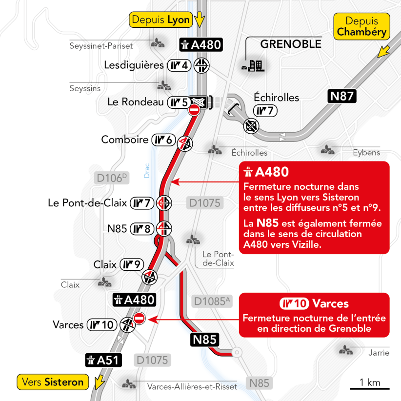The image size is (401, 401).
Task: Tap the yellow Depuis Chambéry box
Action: tap(362, 27)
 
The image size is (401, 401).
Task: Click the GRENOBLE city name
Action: tap(291, 44)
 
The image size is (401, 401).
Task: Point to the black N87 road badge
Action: tap(342, 96)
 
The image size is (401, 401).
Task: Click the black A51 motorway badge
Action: tap(103, 360)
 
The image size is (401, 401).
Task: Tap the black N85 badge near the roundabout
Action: tap(204, 340)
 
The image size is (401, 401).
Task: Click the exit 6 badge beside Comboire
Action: tap(163, 140)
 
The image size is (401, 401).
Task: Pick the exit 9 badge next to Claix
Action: tap(132, 265)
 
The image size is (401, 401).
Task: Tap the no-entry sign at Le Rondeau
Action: tap(194, 110)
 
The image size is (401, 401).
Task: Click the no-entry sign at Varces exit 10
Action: tap(139, 319)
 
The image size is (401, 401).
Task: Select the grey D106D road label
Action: tap(112, 178)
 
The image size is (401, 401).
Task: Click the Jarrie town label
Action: tap(379, 353)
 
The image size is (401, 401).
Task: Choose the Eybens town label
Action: tap(366, 153)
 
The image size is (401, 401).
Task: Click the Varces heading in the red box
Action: tap(330, 304)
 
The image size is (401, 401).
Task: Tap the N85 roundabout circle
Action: tap(237, 351)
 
